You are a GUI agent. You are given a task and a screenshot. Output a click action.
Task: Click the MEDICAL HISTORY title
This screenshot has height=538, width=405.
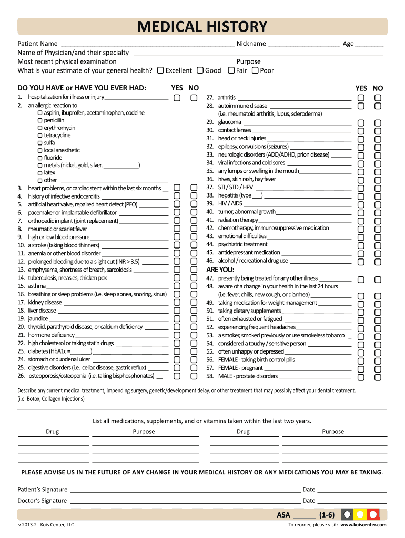202,27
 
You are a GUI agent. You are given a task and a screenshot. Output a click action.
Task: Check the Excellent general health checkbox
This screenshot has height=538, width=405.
160,70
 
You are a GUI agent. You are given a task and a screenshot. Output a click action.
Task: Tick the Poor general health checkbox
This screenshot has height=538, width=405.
255,70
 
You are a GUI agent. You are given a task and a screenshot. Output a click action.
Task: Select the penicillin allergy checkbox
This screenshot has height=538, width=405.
40,120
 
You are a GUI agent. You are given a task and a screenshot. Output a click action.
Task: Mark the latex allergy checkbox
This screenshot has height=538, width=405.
40,173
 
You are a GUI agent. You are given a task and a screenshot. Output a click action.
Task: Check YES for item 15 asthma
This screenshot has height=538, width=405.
178,286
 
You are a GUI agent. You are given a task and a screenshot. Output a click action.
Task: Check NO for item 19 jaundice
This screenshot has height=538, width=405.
194,319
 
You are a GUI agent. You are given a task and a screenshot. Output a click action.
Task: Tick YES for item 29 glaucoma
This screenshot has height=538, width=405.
361,122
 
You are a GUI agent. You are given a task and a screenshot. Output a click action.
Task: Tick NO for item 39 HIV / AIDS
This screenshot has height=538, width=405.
378,203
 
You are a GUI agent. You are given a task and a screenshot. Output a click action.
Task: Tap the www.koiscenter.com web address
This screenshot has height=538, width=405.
363,525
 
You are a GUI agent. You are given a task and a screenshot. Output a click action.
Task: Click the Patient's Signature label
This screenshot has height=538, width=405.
43,489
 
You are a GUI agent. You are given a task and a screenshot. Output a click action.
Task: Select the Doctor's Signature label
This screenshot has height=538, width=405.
42,501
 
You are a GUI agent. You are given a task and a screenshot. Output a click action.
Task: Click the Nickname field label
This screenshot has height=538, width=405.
251,44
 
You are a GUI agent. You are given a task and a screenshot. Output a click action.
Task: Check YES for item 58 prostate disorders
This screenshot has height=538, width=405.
361,376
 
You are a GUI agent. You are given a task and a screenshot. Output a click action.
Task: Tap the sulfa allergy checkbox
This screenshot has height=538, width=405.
40,143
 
